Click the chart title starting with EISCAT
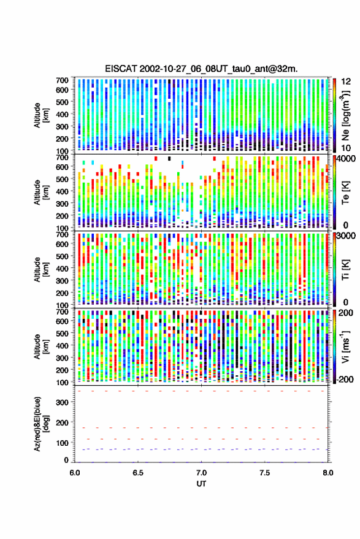(201, 69)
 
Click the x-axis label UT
(201, 484)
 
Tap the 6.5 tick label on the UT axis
(138, 473)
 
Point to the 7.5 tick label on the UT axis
(264, 473)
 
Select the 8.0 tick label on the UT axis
(327, 473)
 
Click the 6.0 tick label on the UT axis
(75, 473)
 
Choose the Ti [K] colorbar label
(345, 270)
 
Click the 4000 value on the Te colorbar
(347, 159)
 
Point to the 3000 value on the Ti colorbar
(347, 236)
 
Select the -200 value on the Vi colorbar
(345, 379)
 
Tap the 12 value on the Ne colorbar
(346, 82)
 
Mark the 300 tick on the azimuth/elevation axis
(62, 402)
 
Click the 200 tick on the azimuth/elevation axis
(62, 422)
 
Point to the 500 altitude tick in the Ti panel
(62, 256)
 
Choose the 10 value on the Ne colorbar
(346, 148)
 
